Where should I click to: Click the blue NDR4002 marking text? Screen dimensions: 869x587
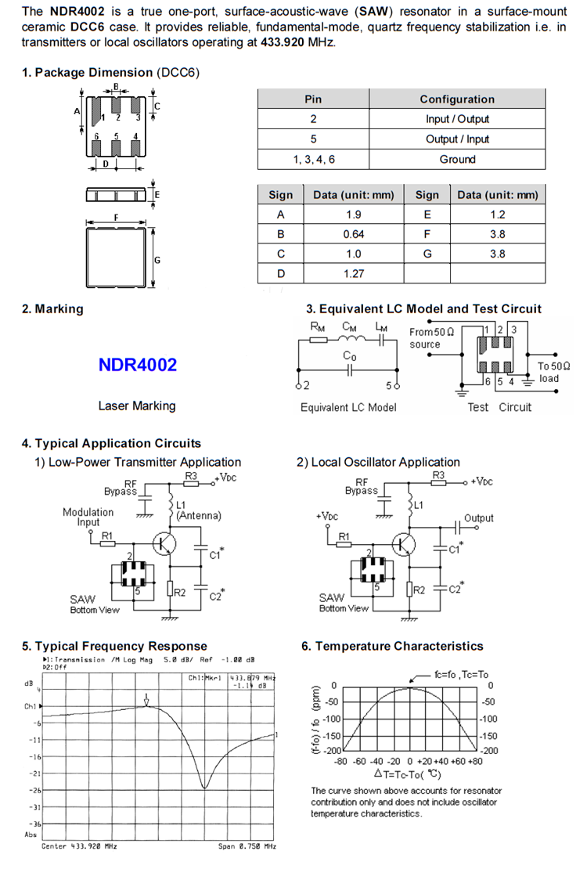click(138, 365)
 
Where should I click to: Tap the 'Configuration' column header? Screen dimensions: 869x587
click(457, 99)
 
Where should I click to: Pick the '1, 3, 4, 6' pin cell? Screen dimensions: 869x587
click(313, 159)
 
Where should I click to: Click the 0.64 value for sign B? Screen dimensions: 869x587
click(354, 234)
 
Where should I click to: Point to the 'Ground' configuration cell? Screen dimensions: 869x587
click(457, 159)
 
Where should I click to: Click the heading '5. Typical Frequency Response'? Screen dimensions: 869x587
click(114, 646)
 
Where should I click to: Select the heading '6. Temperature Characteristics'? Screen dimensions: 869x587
click(392, 646)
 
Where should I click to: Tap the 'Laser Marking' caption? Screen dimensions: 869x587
click(137, 406)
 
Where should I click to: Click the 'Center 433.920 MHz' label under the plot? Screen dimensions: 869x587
click(79, 846)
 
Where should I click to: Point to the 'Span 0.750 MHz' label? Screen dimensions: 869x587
click(247, 846)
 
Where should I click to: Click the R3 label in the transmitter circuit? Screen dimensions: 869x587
click(191, 475)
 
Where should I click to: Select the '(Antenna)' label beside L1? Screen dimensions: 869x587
click(199, 516)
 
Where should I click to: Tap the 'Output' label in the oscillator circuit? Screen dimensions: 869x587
click(479, 517)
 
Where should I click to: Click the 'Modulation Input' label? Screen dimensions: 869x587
click(88, 517)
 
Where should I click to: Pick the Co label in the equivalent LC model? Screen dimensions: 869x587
click(350, 357)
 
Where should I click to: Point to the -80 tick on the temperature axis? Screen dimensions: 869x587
click(340, 760)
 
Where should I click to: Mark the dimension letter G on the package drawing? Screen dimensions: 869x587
click(157, 259)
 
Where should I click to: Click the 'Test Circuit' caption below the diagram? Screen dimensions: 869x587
click(499, 406)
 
